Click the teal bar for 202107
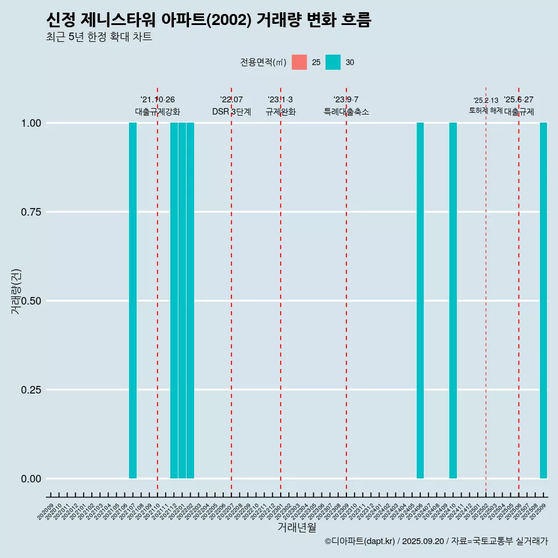[x=133, y=301]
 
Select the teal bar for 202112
[x=174, y=301]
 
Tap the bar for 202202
[x=190, y=301]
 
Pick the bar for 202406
[x=420, y=301]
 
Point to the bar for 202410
[x=453, y=301]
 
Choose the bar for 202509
[x=543, y=301]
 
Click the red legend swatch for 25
[x=299, y=62]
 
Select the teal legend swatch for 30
[x=333, y=62]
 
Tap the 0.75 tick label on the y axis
[x=30, y=212]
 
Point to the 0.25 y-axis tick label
[x=30, y=390]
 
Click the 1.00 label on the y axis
[x=30, y=123]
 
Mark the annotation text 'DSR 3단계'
[x=231, y=112]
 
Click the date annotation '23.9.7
[x=346, y=100]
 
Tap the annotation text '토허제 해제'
[x=485, y=110]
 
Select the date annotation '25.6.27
[x=518, y=100]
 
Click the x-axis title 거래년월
[x=297, y=528]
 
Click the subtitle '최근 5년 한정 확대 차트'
[x=99, y=37]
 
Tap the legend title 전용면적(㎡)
[x=263, y=62]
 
